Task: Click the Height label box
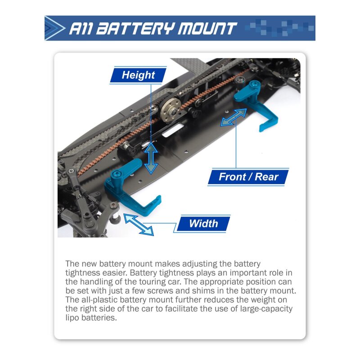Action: tap(138, 75)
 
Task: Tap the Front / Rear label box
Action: tap(248, 177)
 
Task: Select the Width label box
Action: tap(203, 223)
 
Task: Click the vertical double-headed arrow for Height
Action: tap(151, 158)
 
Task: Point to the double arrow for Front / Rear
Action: tap(234, 117)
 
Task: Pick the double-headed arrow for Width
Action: tap(139, 225)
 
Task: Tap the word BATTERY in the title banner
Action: tap(135, 28)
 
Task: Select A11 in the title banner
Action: tap(81, 28)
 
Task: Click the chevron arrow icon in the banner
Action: tap(54, 28)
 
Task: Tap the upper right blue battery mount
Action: tap(255, 104)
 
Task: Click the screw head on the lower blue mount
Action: tap(116, 174)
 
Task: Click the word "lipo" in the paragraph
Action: tap(72, 318)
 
